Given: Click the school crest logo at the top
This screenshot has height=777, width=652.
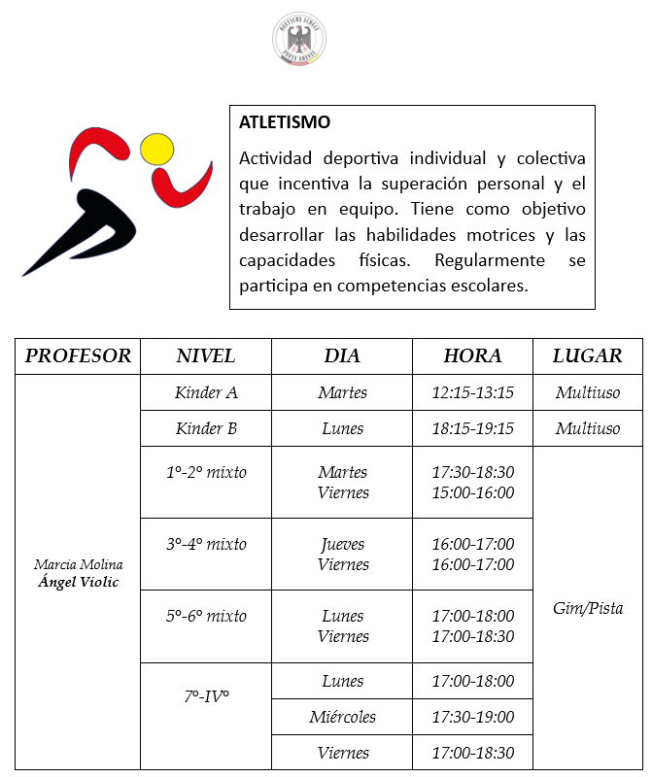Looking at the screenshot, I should pyautogui.click(x=299, y=41).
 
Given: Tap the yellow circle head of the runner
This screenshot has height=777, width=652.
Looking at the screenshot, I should pyautogui.click(x=156, y=149).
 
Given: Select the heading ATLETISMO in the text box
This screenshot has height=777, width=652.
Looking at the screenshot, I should pyautogui.click(x=285, y=123).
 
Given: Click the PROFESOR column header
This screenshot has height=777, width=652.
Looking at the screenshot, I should pyautogui.click(x=78, y=355).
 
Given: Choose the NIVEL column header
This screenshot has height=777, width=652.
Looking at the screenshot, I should pyautogui.click(x=205, y=355).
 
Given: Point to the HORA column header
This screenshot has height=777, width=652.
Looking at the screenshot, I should pyautogui.click(x=472, y=355).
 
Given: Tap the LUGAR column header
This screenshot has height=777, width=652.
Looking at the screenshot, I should pyautogui.click(x=587, y=355).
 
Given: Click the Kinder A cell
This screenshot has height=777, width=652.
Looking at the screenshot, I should pyautogui.click(x=206, y=393).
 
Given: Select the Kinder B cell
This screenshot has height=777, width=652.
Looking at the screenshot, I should pyautogui.click(x=206, y=429).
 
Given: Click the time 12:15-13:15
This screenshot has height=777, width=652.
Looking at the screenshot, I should pyautogui.click(x=472, y=393).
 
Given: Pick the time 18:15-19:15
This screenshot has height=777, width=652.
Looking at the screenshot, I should pyautogui.click(x=472, y=429).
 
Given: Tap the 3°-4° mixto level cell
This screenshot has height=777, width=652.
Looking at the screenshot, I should pyautogui.click(x=206, y=545).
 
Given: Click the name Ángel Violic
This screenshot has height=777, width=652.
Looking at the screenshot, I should pyautogui.click(x=78, y=583).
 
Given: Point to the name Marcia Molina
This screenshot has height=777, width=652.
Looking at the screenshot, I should pyautogui.click(x=78, y=565).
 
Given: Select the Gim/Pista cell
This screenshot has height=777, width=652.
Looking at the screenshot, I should pyautogui.click(x=587, y=609).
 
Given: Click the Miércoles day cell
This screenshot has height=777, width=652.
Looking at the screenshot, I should pyautogui.click(x=342, y=718).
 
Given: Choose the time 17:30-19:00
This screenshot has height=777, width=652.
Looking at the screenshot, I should pyautogui.click(x=472, y=718).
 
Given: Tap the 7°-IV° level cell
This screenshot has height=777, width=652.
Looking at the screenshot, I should pyautogui.click(x=206, y=696).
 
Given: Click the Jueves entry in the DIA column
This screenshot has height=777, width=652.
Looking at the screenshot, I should pyautogui.click(x=342, y=545).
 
